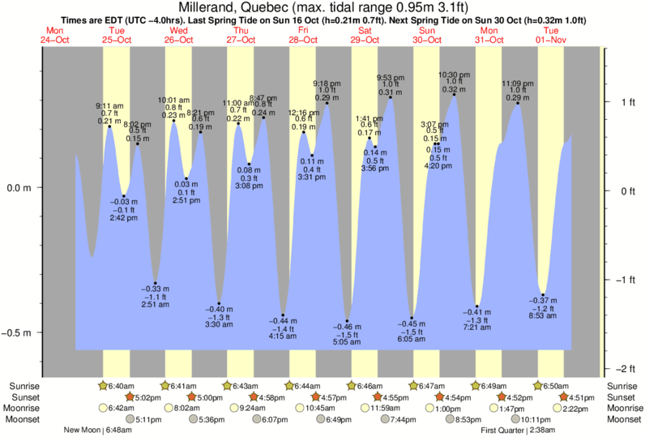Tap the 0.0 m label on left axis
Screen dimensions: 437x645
tap(19, 188)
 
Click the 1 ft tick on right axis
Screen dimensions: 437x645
tap(618, 102)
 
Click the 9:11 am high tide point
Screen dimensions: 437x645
tap(109, 127)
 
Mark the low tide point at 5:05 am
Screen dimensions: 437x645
tap(347, 321)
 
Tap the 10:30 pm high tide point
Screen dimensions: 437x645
tap(454, 96)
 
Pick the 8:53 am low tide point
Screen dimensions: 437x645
tap(543, 295)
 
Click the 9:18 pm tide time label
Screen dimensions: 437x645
tap(327, 83)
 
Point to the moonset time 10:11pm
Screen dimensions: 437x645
tap(536, 419)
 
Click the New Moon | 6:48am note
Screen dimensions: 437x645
tap(92, 431)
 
